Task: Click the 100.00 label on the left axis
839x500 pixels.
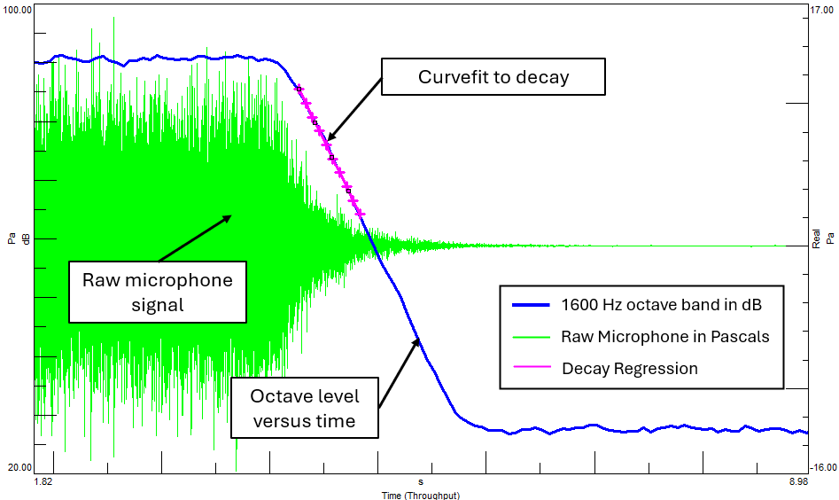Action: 19,9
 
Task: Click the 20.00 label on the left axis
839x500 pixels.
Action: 19,467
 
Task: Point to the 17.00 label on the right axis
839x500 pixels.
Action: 823,9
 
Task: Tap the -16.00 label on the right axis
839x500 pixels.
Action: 823,467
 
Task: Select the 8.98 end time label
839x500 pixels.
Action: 798,482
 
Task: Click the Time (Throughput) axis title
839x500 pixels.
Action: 420,495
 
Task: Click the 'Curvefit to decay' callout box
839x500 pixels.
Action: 493,77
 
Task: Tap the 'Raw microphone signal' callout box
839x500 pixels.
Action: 158,293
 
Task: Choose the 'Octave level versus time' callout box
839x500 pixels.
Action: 304,408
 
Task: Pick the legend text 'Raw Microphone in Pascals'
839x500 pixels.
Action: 664,337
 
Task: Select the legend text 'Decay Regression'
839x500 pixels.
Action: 629,368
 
